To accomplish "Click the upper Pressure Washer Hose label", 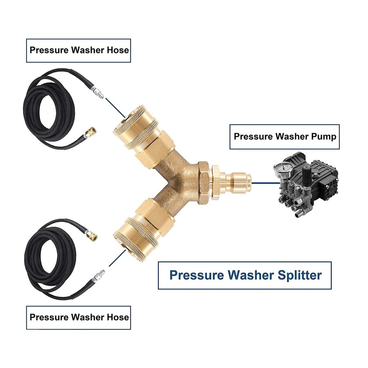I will (79, 50).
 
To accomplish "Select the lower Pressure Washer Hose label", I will (79, 317).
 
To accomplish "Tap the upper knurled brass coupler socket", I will (135, 126).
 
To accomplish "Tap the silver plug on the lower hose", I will (98, 276).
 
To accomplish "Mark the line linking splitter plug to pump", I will (262, 183).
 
